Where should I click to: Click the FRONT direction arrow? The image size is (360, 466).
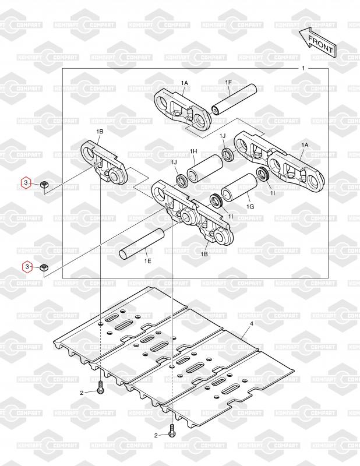pos(317,42)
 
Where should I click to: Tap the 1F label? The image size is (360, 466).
pos(229,83)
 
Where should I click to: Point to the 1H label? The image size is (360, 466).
pos(194,152)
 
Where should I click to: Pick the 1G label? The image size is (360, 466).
pos(250,206)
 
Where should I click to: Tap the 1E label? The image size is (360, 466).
pos(148,262)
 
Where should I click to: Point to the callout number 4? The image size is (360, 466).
pos(251,323)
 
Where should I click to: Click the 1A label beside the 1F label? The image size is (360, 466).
pos(185,83)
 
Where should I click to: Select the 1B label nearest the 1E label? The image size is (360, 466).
pos(204,255)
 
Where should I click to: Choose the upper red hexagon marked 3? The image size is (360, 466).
pos(26,183)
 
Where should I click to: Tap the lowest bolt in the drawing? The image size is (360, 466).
pos(172,432)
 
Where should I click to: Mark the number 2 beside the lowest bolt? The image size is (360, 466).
pos(156,435)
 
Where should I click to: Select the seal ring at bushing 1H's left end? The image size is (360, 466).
pos(182,178)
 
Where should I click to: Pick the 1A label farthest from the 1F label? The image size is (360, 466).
pos(304,145)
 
